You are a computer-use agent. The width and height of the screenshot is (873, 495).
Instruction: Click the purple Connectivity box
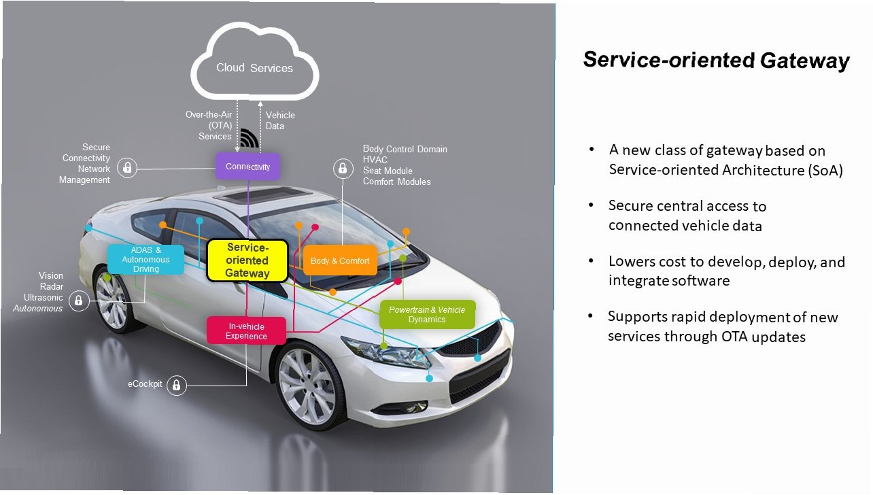(248, 167)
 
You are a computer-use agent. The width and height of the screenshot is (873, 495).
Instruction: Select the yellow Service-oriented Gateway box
(247, 260)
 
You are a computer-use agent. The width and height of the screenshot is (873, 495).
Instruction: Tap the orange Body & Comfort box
(340, 260)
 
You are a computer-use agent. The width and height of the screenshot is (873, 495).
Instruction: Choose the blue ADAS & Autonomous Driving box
(145, 259)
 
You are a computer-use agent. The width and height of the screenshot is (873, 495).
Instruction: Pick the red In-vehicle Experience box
(246, 331)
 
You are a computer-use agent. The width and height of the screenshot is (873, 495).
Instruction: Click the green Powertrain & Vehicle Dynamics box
(427, 314)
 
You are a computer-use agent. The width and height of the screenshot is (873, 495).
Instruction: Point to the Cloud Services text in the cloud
(254, 68)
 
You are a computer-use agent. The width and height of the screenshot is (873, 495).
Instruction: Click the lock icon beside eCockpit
(177, 385)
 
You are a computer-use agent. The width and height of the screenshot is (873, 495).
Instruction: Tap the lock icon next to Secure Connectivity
(127, 168)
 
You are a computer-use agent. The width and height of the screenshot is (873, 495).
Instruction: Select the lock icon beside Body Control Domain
(343, 169)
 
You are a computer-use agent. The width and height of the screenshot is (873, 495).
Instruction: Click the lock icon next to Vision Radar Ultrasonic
(79, 301)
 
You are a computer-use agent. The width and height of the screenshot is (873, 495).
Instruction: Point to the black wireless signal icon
(249, 138)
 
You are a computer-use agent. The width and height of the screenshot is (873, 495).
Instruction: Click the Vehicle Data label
(280, 120)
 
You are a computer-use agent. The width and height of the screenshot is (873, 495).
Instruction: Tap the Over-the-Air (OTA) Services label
(209, 125)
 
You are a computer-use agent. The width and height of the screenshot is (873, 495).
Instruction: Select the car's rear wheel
(112, 301)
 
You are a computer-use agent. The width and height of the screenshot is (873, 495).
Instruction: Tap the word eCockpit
(145, 384)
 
